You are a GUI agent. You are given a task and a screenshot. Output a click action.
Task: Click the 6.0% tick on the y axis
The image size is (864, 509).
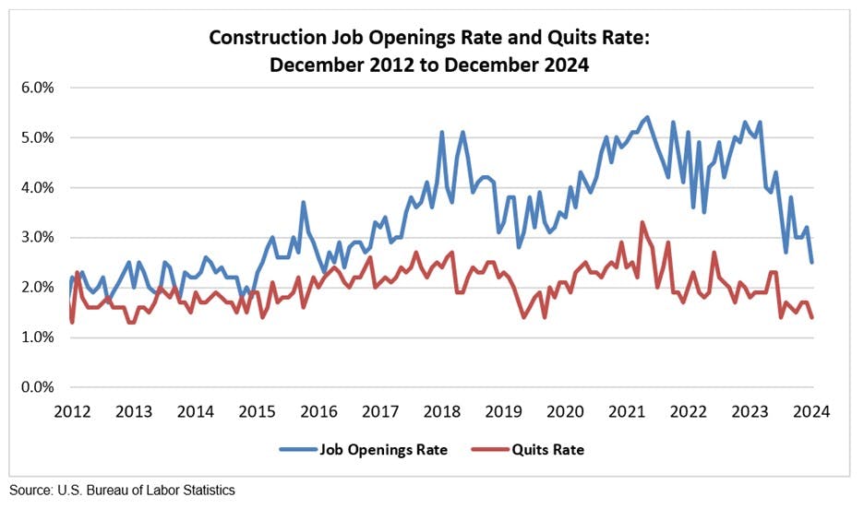(37, 88)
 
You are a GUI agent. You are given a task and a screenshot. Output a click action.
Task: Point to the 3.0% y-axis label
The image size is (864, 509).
(37, 237)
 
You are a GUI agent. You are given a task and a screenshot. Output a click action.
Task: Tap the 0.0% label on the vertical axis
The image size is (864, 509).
(37, 386)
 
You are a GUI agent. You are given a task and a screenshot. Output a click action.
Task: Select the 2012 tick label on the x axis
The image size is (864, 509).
(72, 411)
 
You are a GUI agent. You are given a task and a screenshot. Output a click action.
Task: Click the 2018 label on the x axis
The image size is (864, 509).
(442, 411)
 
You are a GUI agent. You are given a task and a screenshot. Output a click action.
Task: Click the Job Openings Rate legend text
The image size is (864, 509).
(384, 450)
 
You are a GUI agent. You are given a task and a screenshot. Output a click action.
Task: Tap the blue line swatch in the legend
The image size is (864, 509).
(296, 450)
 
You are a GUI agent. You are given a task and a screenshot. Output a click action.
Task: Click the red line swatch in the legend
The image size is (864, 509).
(491, 450)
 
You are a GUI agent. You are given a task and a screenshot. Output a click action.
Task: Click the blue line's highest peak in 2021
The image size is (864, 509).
(647, 117)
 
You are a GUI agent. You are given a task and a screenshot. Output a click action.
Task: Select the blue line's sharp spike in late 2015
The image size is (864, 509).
(303, 203)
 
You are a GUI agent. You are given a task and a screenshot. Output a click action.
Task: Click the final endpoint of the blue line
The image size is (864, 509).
(811, 262)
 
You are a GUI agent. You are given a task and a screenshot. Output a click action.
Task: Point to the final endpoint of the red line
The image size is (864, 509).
(811, 317)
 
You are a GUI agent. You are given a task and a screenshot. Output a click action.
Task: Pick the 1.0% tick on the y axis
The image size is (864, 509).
(37, 337)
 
